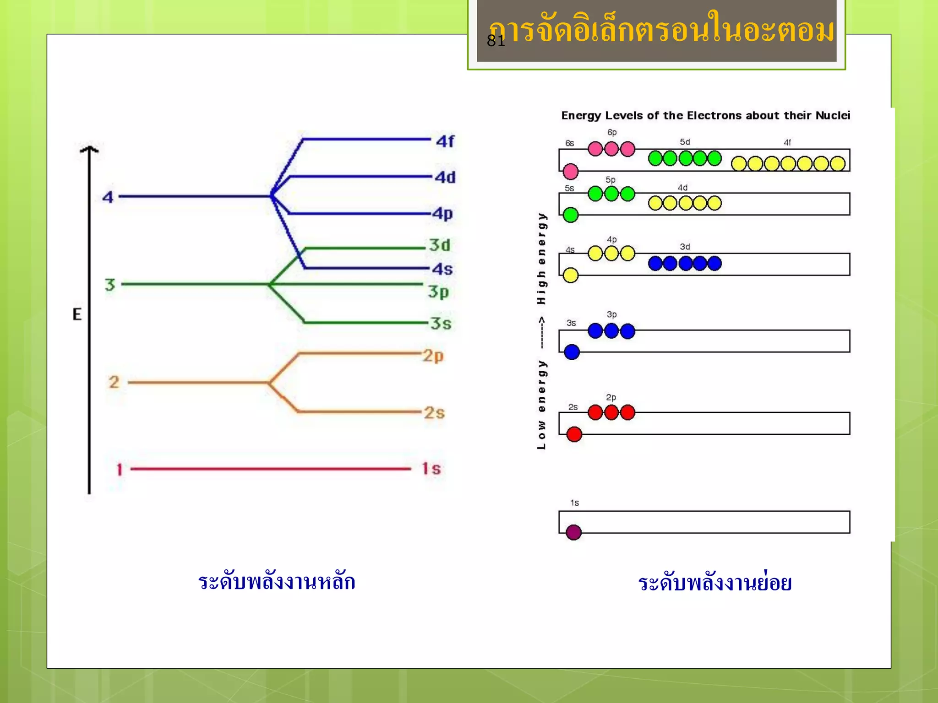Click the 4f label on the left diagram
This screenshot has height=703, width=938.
click(445, 141)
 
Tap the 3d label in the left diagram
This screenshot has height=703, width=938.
click(439, 245)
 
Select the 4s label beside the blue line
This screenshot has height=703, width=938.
click(442, 269)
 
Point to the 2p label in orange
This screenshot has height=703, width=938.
click(433, 356)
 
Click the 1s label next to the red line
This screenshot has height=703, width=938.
click(431, 469)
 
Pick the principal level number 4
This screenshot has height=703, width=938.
click(108, 197)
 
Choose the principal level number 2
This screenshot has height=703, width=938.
click(114, 382)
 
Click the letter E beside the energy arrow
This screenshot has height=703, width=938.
click(77, 314)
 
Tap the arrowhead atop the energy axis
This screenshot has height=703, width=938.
click(89, 149)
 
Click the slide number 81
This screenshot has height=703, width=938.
click(496, 41)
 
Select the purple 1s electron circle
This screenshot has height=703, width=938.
click(573, 532)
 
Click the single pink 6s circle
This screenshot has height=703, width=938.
click(570, 172)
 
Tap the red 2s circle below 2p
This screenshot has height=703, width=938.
click(574, 434)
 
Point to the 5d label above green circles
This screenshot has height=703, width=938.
click(685, 142)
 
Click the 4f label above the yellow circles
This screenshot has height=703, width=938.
click(787, 142)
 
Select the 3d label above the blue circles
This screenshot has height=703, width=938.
click(685, 247)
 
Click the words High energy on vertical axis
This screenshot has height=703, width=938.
click(542, 259)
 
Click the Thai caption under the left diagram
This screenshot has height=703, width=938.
click(277, 582)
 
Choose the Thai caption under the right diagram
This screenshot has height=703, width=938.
click(714, 583)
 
